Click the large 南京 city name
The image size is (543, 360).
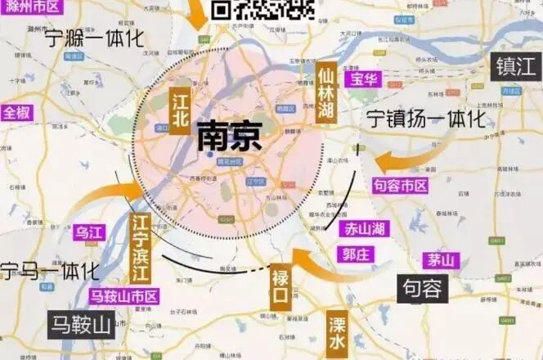tap(230, 137)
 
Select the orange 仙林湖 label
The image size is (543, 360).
tap(326, 92)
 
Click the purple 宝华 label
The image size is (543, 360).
tap(361, 79)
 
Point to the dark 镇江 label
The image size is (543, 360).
tap(515, 66)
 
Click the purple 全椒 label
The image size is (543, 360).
tap(17, 113)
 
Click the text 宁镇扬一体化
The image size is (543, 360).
tap(426, 119)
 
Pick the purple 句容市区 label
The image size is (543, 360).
tap(400, 186)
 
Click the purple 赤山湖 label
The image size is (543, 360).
tap(365, 229)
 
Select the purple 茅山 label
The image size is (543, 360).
tap(441, 260)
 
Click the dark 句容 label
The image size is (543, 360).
tap(423, 288)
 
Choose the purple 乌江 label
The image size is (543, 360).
tap(90, 232)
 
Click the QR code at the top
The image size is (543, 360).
tap(263, 10)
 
